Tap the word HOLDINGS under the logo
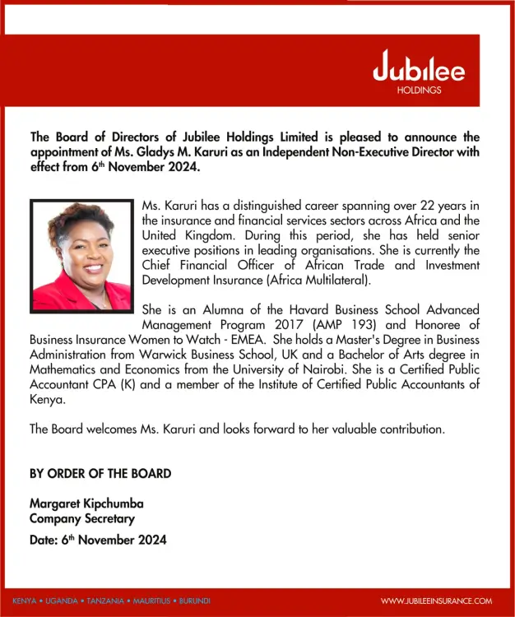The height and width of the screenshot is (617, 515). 419,90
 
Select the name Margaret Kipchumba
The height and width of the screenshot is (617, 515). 81,503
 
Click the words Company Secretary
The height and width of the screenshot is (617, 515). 82,518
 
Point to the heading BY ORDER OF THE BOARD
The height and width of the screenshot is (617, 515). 100,473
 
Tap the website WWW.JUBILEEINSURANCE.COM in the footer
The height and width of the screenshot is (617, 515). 436,601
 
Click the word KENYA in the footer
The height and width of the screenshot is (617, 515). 25,601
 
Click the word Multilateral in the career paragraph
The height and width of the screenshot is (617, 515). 332,280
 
